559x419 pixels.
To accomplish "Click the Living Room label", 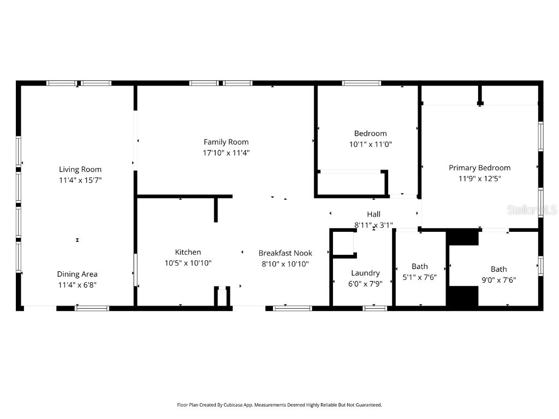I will coord(80,169).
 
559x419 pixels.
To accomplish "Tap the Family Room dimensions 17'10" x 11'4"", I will coord(226,153).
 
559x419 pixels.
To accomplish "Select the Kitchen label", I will coord(188,252).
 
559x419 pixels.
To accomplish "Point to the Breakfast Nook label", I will coord(285,253).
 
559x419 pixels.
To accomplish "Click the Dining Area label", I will coord(77,274).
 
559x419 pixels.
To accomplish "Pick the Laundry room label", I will coord(365,273).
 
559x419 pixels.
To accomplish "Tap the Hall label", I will coord(374,214).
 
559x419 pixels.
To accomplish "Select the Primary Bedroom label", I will coord(479,167).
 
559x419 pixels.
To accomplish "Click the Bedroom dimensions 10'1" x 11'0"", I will coord(371,145).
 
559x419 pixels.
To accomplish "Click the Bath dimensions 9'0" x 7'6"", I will coord(498,280).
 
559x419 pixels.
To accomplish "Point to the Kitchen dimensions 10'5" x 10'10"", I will coord(188,263).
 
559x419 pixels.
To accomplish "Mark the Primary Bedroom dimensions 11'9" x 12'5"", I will coord(479,178).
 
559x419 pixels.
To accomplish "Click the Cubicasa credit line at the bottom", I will coord(279,405).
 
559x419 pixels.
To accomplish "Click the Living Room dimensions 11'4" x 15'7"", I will coord(80,180).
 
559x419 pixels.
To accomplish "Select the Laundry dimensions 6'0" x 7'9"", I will coord(365,284).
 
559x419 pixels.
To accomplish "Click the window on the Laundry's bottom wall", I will coord(375,308).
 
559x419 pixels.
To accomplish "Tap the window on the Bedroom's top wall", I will coord(361,83).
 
